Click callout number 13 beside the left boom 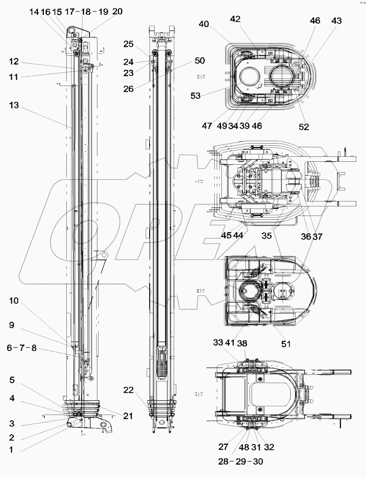(x=14, y=105)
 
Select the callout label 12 (x=14, y=62)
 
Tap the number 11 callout (x=14, y=77)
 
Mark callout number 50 (x=200, y=61)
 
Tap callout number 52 (x=304, y=127)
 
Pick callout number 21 (x=128, y=416)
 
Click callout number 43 (x=337, y=21)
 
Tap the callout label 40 (x=204, y=24)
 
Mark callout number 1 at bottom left (x=11, y=449)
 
